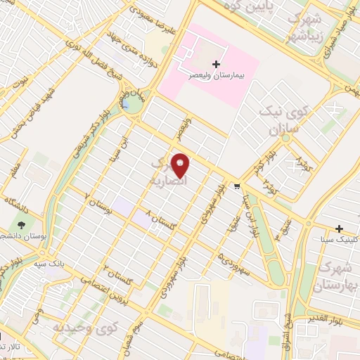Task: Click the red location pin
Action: [x=181, y=165]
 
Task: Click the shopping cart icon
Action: [x=237, y=186]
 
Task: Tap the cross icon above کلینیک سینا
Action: [x=340, y=229]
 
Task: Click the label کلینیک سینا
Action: [x=336, y=241]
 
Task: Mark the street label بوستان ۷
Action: [x=99, y=204]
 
